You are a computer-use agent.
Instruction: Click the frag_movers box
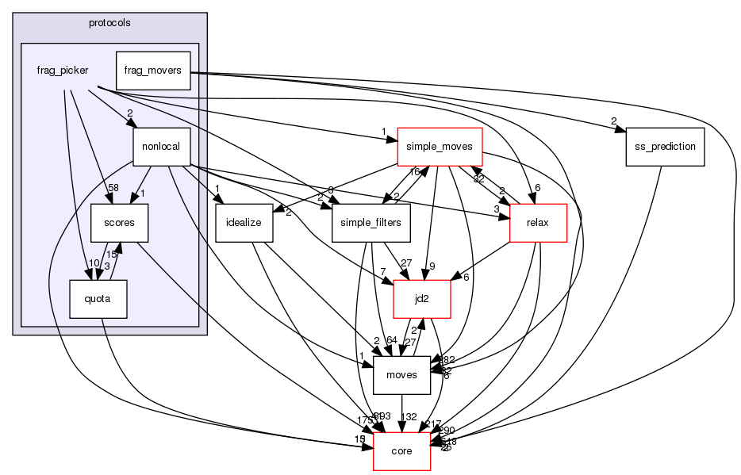click(152, 70)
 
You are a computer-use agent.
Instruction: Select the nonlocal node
click(163, 147)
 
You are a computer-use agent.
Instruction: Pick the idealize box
click(244, 223)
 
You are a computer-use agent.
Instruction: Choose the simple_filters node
click(370, 223)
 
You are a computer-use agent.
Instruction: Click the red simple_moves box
click(439, 147)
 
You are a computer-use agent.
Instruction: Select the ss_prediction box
click(665, 147)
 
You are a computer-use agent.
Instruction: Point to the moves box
click(401, 375)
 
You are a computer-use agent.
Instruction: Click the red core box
click(401, 451)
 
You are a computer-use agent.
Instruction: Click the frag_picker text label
click(62, 70)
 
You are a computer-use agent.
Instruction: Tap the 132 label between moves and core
click(409, 417)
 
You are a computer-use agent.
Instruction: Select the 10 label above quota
click(94, 263)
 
